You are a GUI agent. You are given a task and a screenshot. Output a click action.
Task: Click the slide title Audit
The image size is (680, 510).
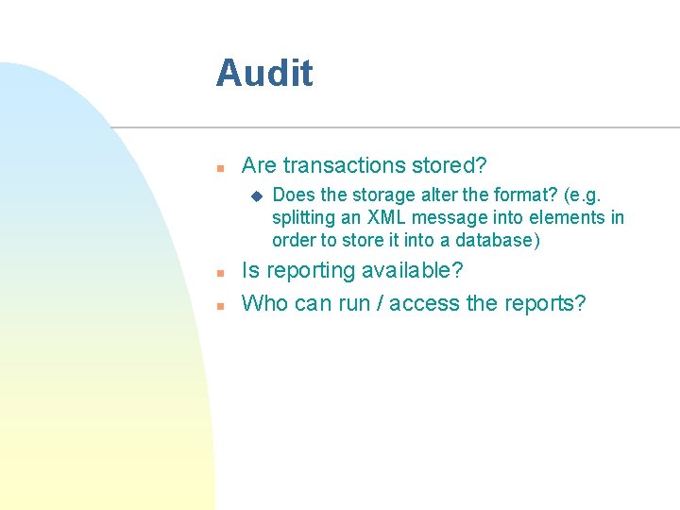[263, 73]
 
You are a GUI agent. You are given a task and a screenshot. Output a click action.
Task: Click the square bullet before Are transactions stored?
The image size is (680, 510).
[218, 167]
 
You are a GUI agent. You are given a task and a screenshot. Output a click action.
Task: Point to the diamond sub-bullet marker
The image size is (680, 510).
[255, 195]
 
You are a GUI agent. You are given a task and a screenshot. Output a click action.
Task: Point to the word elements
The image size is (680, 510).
[568, 217]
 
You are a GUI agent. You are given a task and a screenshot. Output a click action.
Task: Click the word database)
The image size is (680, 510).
[496, 240]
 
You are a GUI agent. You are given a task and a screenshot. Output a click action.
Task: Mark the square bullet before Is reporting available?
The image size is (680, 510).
[218, 272]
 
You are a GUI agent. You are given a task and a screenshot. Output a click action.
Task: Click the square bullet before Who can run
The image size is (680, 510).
[218, 305]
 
